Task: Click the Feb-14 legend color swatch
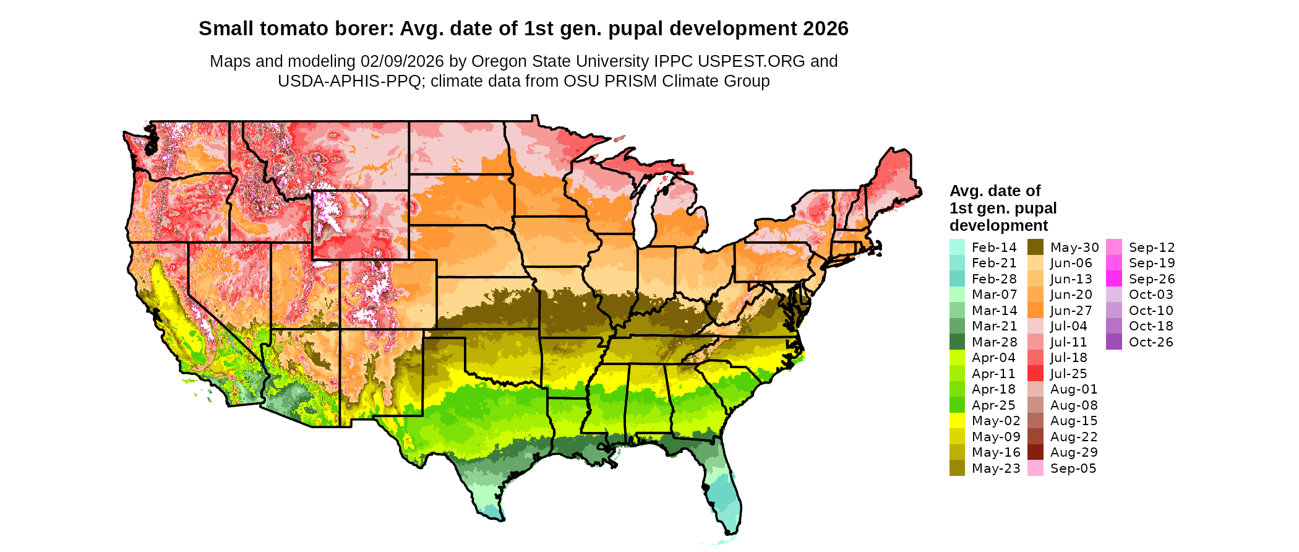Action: coord(957,247)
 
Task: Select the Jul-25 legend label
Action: coord(1068,374)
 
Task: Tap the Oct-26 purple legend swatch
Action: coord(1113,342)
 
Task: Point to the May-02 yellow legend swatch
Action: coord(957,421)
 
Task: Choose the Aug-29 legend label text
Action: coord(1074,452)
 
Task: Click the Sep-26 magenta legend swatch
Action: coord(1113,279)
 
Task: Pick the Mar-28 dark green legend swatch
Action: coord(957,342)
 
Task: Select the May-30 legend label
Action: coord(1074,248)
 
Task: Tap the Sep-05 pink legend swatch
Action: coord(1035,468)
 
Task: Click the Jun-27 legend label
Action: coord(1071,311)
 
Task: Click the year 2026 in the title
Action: coord(826,28)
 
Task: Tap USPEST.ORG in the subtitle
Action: coord(752,61)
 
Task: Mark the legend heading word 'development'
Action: coord(998,225)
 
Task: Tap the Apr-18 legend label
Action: coord(993,389)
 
